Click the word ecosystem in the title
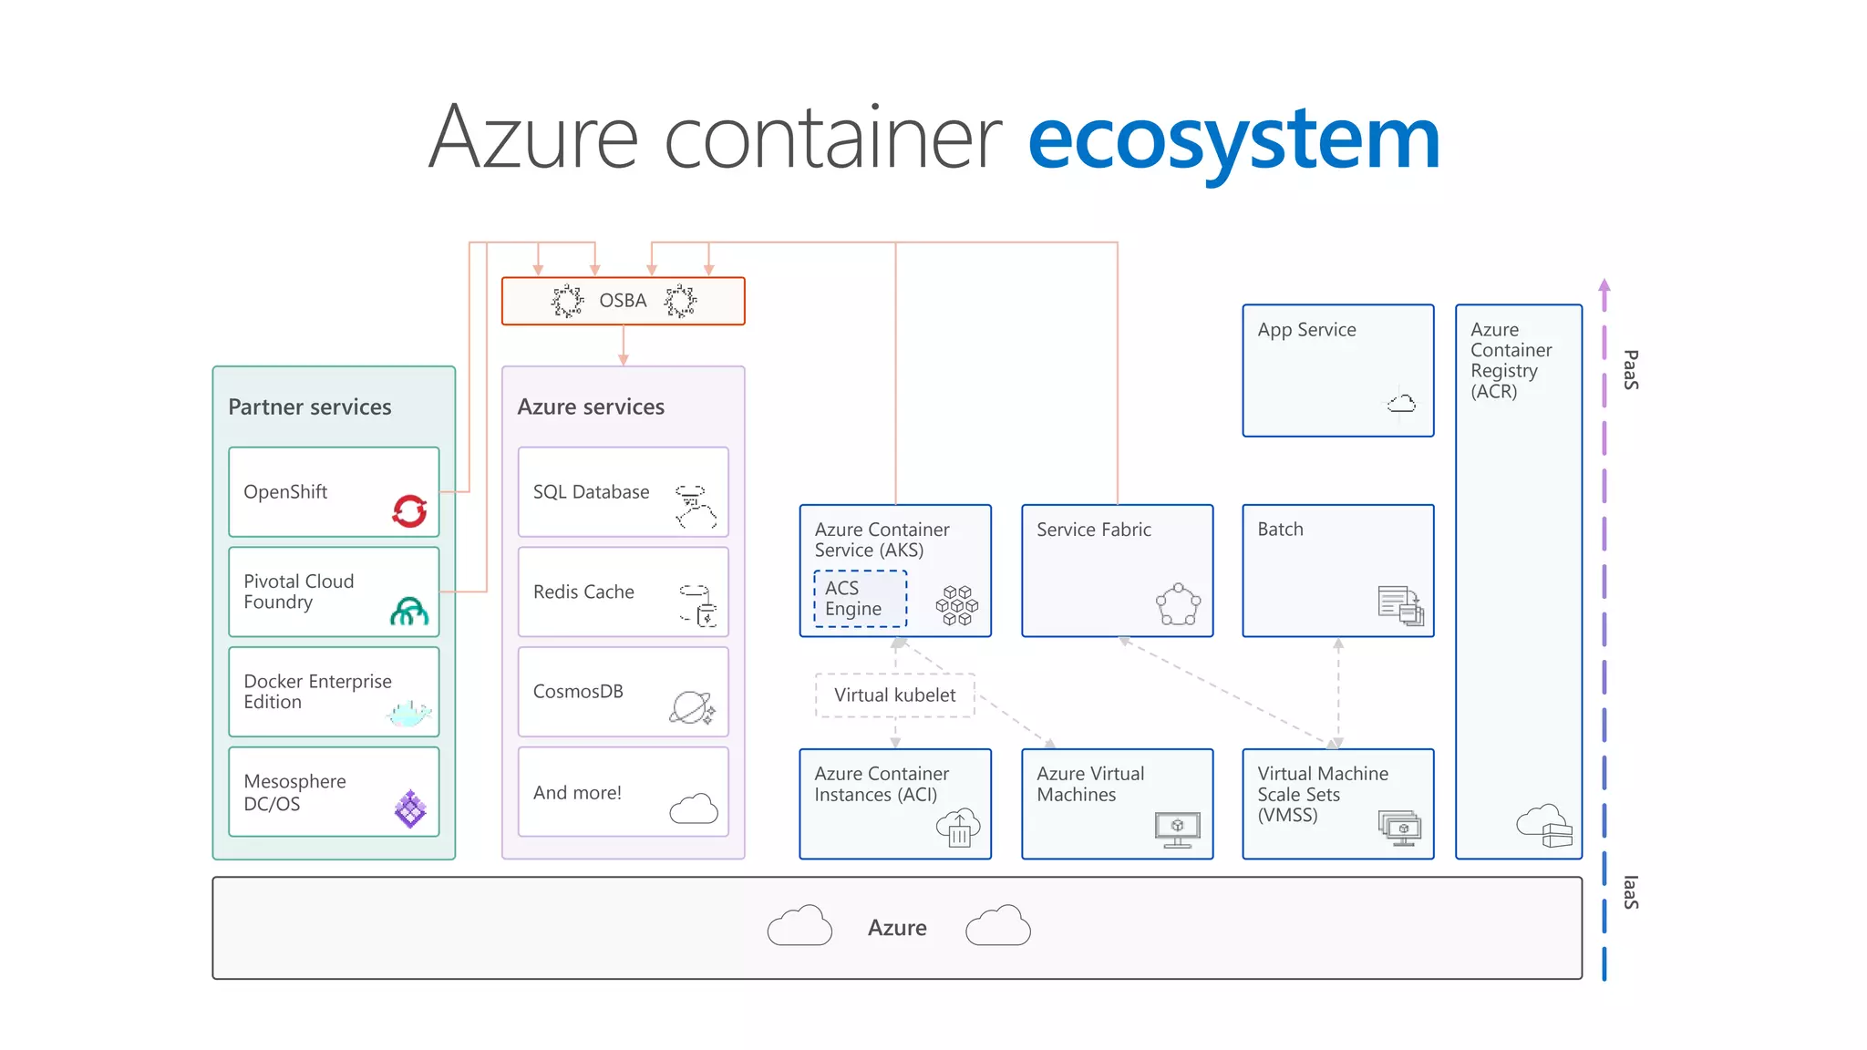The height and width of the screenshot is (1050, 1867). pyautogui.click(x=1233, y=139)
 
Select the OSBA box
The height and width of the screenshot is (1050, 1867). pyautogui.click(x=623, y=301)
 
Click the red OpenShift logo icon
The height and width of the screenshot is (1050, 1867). pyautogui.click(x=409, y=510)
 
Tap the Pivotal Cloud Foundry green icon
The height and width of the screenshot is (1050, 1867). pyautogui.click(x=409, y=611)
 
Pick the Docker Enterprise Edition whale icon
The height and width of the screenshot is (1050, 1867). pyautogui.click(x=407, y=713)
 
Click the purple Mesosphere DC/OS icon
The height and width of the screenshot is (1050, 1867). pyautogui.click(x=410, y=808)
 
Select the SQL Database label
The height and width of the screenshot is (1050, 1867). pyautogui.click(x=591, y=492)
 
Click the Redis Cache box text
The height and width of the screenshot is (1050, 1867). pyautogui.click(x=583, y=592)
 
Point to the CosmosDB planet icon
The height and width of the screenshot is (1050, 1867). pyautogui.click(x=692, y=707)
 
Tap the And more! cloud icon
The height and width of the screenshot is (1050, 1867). pyautogui.click(x=694, y=808)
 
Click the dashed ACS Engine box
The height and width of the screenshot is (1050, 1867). pyautogui.click(x=860, y=599)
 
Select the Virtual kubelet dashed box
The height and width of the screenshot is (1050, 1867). pyautogui.click(x=894, y=695)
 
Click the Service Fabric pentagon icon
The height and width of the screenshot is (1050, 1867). pyautogui.click(x=1178, y=604)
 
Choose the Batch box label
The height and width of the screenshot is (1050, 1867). pyautogui.click(x=1280, y=530)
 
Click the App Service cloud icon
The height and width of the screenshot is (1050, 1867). pyautogui.click(x=1401, y=403)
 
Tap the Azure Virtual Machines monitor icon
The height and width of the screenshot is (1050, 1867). pyautogui.click(x=1177, y=829)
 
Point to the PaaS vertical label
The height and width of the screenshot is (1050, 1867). pyautogui.click(x=1631, y=370)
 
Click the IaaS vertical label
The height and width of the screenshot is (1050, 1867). pyautogui.click(x=1631, y=892)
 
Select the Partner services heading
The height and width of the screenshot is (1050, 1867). pyautogui.click(x=309, y=407)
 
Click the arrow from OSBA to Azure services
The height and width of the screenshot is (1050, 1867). pyautogui.click(x=623, y=346)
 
